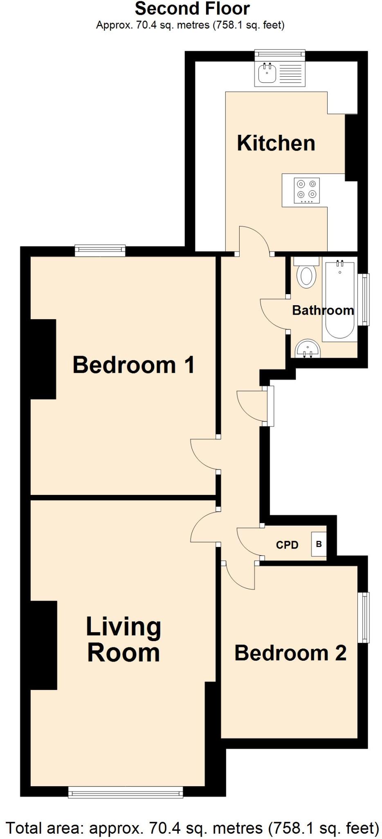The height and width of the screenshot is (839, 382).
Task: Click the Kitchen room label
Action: point(276,143)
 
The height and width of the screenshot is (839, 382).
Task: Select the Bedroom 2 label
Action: point(290,653)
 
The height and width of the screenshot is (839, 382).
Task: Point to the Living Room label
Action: point(124,639)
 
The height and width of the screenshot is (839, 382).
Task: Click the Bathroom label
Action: point(323,310)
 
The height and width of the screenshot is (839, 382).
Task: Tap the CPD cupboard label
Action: point(287,545)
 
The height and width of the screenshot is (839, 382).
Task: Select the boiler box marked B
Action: point(319,544)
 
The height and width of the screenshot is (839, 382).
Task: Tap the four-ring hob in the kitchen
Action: point(307,190)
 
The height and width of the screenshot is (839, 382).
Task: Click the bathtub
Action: point(339,299)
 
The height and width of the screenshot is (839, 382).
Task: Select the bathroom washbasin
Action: point(308,349)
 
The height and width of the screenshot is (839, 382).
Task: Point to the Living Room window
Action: point(126,793)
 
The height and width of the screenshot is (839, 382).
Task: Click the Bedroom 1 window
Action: point(100,250)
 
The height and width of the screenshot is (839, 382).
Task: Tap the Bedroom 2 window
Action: point(364,617)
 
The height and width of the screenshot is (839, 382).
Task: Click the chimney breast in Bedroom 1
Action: point(43,359)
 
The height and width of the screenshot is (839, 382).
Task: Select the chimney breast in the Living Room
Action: point(44,645)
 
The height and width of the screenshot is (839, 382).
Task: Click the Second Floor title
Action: point(192,9)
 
